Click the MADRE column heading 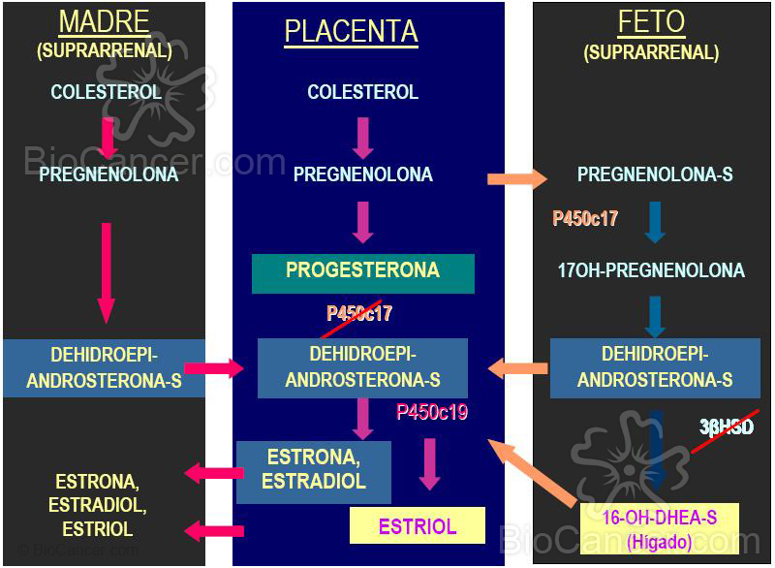105,21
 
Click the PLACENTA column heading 351,31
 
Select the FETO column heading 651,21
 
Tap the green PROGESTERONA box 362,271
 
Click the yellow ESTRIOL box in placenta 417,526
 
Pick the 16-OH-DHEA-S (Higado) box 660,529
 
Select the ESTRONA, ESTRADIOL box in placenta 314,471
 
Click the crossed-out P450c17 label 359,313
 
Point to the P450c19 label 432,412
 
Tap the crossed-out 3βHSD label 727,426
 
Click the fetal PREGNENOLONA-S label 655,174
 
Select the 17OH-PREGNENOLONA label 651,269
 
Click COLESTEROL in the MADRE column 105,93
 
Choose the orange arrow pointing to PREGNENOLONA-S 516,178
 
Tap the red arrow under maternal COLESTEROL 108,136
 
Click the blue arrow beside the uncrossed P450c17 654,222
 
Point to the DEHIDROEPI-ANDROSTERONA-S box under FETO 655,367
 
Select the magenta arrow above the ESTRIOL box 430,463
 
